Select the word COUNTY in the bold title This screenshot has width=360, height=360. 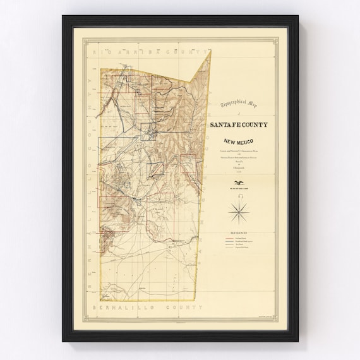pos(254,124)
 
